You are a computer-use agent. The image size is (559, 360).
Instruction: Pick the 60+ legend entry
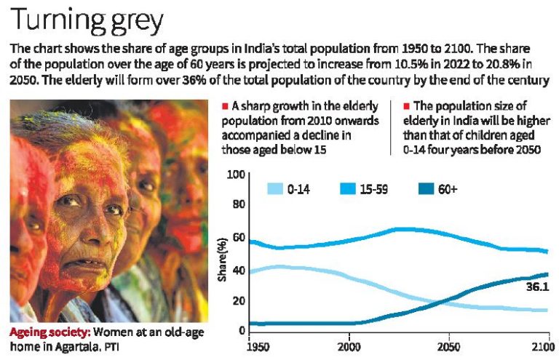coord(443,189)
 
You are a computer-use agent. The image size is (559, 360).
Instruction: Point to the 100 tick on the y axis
coord(234,175)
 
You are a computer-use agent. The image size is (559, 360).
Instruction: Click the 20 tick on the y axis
coord(237,301)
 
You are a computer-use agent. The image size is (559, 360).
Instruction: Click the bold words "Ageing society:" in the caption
coord(49,332)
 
